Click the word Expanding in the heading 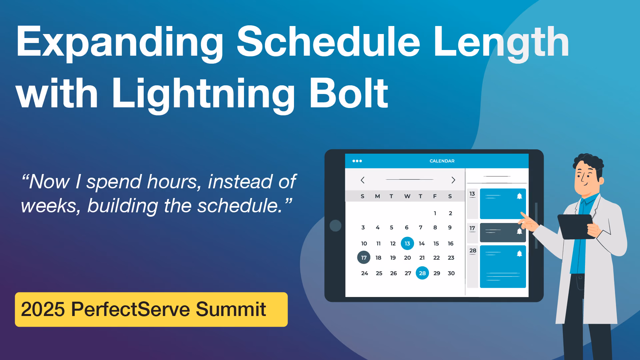tap(120, 42)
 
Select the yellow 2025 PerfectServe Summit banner tap(151, 309)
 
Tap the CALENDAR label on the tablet tap(442, 161)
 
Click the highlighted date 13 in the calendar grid tap(407, 243)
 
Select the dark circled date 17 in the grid tap(364, 258)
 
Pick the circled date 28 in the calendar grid tap(422, 273)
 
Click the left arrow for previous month tap(363, 180)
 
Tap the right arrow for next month tap(453, 180)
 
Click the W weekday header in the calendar tap(407, 196)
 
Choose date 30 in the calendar tap(451, 273)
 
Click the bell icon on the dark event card tap(519, 231)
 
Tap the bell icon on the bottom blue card tap(519, 254)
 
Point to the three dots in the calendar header tap(357, 161)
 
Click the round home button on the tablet tap(335, 226)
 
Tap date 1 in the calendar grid tap(435, 213)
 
